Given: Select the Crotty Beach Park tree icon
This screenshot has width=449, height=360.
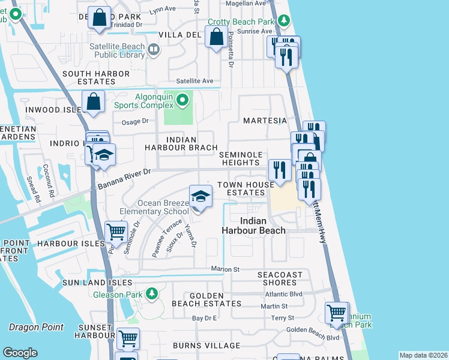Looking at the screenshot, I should pos(283,22).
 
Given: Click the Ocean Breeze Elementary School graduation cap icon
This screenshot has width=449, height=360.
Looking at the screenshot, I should pos(200,196).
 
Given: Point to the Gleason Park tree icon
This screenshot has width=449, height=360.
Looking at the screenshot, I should pos(152,293).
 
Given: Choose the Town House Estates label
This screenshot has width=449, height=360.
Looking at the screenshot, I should pos(241,188).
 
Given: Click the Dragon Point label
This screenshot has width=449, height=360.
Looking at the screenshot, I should pos(36,327).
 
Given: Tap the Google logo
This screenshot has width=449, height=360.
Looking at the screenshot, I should pos(20,352).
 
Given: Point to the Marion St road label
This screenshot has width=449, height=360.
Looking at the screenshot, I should pos(224,269).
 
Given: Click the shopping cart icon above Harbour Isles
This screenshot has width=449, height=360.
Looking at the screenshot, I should pos(116,232).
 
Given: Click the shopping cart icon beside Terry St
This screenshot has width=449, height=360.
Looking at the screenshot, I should pos(337,313).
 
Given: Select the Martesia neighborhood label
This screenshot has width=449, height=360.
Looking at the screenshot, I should pos(265,121).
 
